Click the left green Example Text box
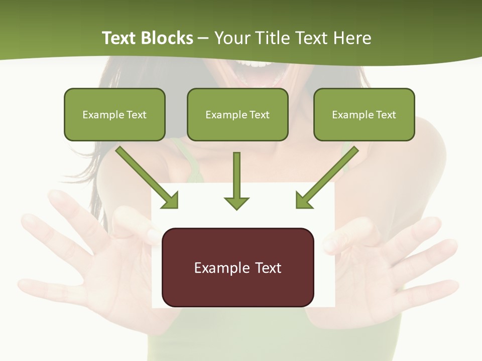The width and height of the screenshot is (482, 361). coord(114,114)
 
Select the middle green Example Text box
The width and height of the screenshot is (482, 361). coord(237,114)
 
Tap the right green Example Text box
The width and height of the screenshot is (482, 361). coord(364,114)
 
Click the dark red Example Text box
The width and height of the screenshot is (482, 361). coord(237,267)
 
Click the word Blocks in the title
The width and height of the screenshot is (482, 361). coord(168,38)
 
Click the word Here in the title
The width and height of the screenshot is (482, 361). coord(353,38)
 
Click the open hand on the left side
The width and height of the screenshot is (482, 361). coord(85,251)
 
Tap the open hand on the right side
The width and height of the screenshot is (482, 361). coord(392,256)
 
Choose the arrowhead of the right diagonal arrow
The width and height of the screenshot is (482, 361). coord(303,200)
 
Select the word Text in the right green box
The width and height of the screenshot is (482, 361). coord(385,115)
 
